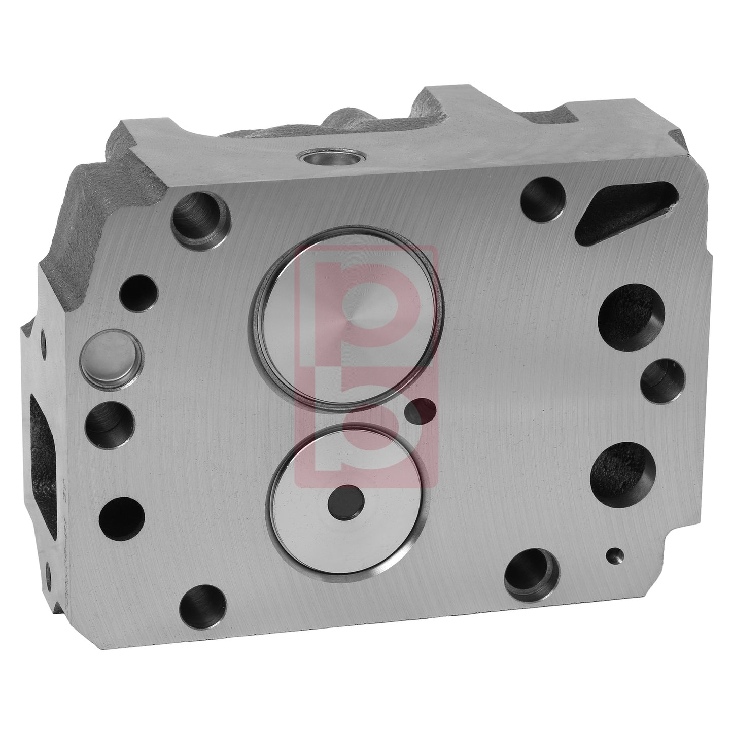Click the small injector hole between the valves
click(x=423, y=410)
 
